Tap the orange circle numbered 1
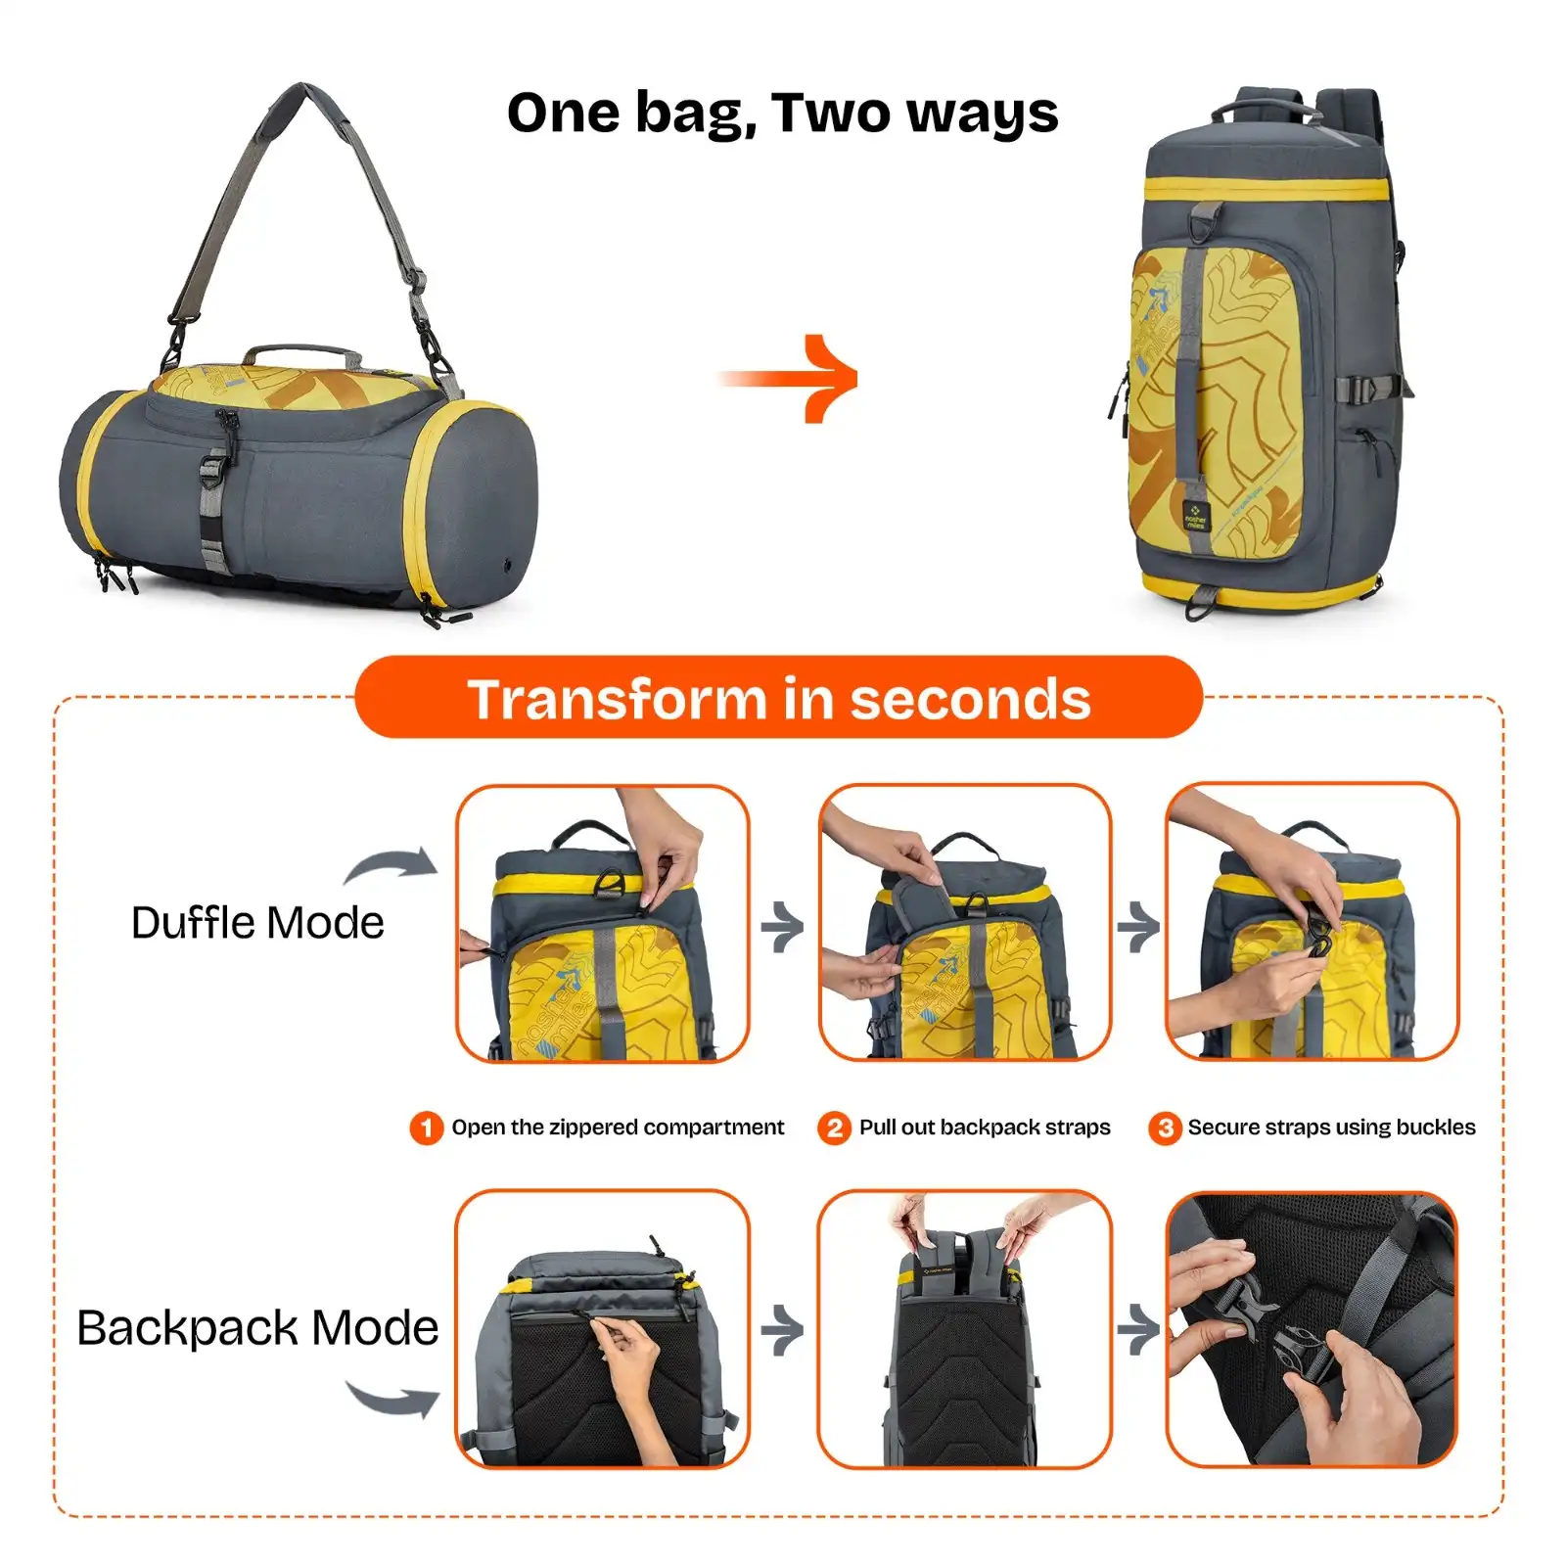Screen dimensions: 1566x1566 426,1128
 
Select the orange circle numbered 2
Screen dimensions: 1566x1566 834,1128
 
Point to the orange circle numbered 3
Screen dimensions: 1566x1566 1165,1128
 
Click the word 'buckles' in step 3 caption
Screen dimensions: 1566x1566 1436,1128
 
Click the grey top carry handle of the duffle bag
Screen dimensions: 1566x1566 301,353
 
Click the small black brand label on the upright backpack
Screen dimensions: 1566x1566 1195,516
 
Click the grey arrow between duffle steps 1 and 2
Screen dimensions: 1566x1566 783,926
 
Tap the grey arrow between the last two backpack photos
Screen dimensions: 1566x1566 1138,1330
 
